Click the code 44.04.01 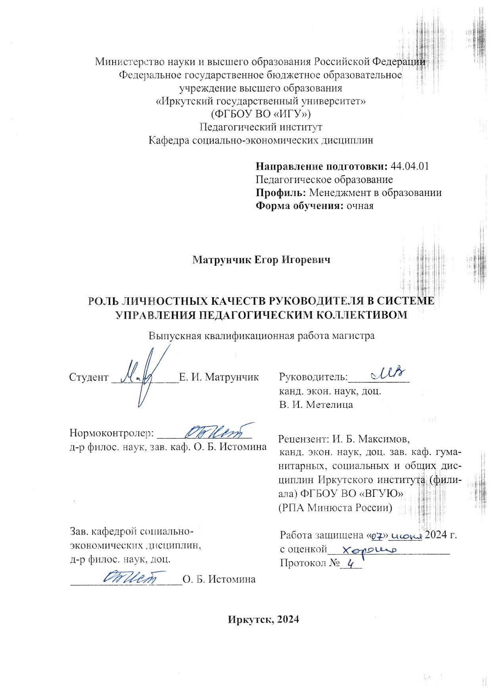(x=410, y=166)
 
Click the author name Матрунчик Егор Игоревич (x=261, y=260)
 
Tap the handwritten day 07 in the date (x=377, y=536)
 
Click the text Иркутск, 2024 (x=263, y=620)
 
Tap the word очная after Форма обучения (x=360, y=206)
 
